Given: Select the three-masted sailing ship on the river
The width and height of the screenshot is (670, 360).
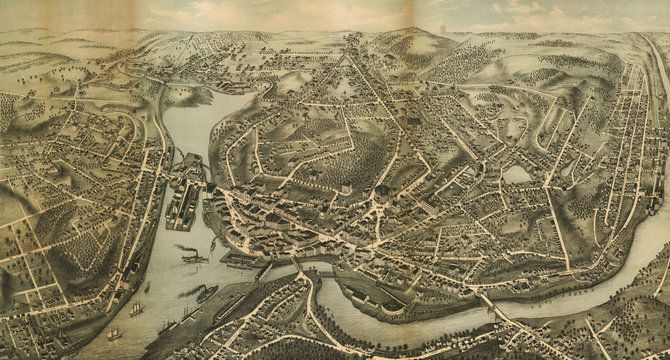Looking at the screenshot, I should (x=136, y=309).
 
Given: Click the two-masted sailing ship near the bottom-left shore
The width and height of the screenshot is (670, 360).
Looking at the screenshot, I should (x=113, y=333).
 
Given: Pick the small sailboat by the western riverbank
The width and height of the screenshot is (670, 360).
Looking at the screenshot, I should (x=147, y=287).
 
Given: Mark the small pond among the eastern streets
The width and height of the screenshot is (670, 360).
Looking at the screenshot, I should (x=518, y=174).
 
